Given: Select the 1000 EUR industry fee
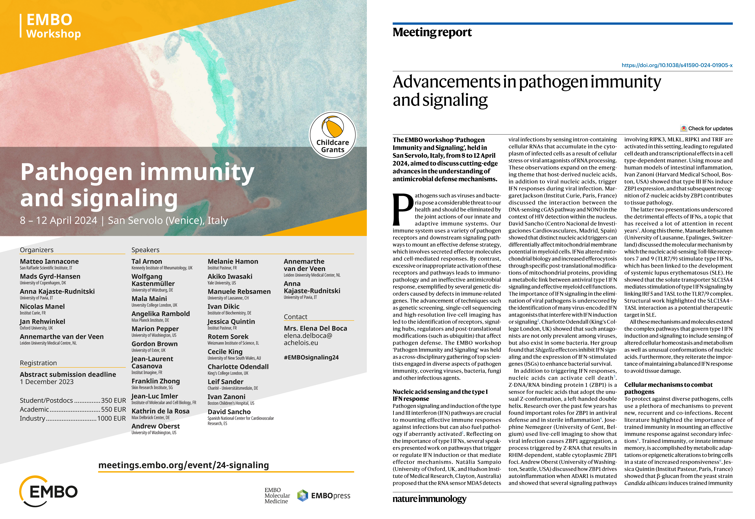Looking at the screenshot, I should [111, 419].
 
